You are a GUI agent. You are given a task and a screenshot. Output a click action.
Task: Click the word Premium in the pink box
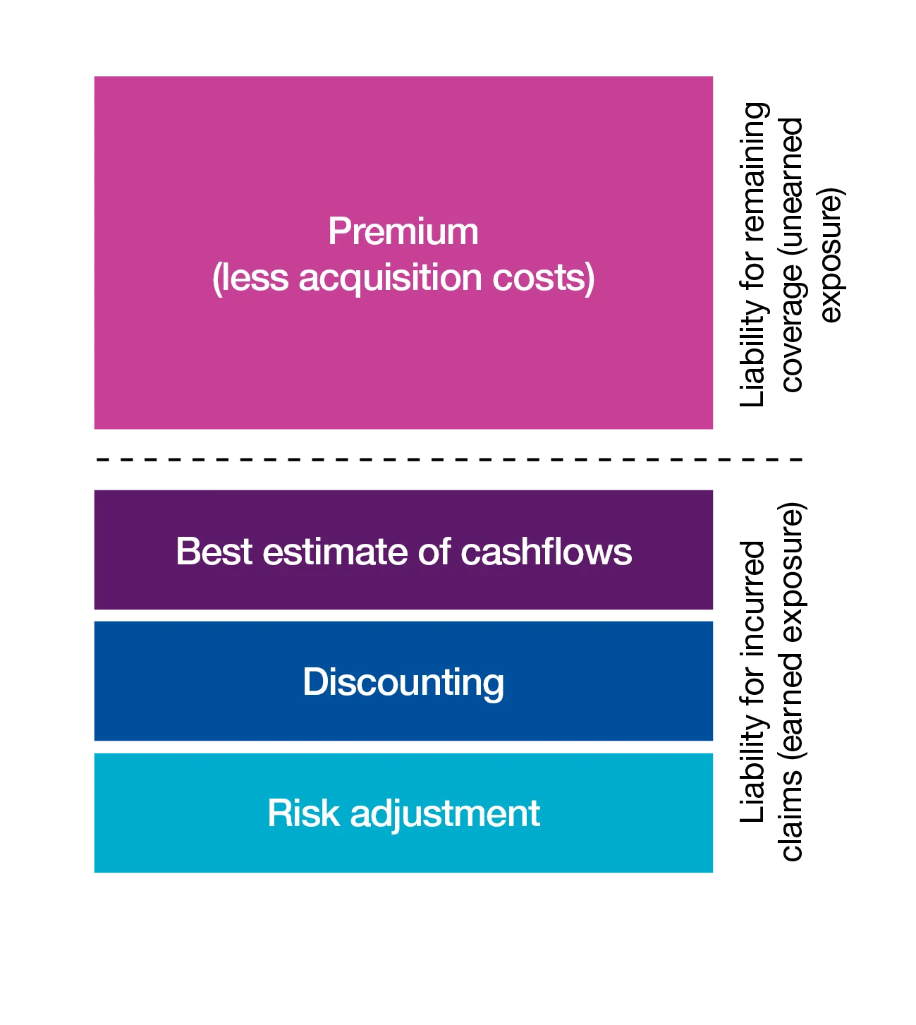[403, 231]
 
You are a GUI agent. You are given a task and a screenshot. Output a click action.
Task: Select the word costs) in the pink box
[543, 278]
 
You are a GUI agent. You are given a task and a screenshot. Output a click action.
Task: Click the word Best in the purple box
[214, 551]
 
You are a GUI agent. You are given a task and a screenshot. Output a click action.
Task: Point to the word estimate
[335, 551]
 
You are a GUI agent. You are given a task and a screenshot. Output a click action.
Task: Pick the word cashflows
[546, 551]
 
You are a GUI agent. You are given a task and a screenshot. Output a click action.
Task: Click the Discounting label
[403, 683]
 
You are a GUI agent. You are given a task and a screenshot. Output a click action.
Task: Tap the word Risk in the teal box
[303, 813]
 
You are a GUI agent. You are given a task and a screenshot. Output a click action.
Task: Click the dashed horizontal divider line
[449, 460]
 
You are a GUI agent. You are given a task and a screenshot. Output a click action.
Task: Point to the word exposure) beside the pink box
[831, 255]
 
